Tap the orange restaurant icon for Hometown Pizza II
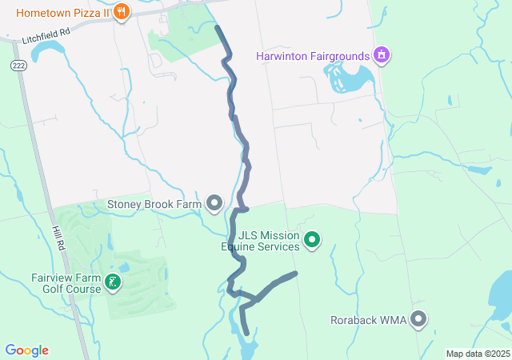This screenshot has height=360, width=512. pos(121,12)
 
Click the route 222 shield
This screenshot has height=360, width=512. pos(18,65)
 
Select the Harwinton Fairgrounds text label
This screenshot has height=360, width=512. pos(312,56)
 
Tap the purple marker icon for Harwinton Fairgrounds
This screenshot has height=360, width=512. pos(382,55)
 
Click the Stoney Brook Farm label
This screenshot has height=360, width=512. pos(154,204)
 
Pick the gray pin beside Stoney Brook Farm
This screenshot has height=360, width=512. pos(214,204)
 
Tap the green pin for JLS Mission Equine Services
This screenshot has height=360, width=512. pos(313,239)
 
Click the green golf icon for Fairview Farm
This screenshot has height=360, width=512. pos(114,282)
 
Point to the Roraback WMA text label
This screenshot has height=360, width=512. pos(368,320)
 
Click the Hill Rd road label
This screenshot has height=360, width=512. pos(59,240)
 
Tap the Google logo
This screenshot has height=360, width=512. pos(26,350)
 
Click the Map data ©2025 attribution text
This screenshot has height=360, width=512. pos(478,354)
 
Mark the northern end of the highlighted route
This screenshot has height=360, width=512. pos(218,27)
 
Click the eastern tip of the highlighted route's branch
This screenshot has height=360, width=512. pos(295,274)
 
